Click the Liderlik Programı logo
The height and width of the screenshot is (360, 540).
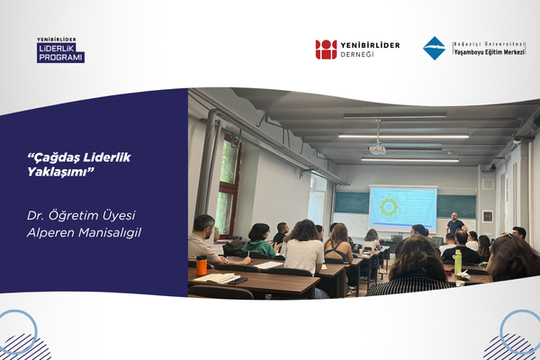[x=60, y=50]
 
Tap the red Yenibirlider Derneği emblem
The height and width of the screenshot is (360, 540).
[x=326, y=49]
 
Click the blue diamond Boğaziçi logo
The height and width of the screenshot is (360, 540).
[x=434, y=49]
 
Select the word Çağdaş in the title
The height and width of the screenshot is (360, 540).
[x=52, y=157]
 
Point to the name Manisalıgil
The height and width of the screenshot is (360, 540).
[x=110, y=233]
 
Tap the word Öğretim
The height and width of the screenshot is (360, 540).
[x=68, y=215]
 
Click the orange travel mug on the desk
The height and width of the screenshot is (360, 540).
[x=202, y=265]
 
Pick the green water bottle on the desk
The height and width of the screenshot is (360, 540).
[x=458, y=262]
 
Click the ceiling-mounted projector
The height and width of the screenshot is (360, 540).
[x=377, y=149]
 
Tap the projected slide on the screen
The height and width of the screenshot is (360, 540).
[x=403, y=207]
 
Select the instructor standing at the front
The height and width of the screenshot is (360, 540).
[x=455, y=223]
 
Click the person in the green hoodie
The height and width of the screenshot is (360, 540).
[x=261, y=241]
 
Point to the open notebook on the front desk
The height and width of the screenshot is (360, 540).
[x=217, y=278]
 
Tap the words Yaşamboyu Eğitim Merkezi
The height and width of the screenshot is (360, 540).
[x=489, y=52]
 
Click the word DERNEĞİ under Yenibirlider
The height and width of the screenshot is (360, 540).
[x=356, y=54]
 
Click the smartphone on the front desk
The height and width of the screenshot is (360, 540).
[x=238, y=281]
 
